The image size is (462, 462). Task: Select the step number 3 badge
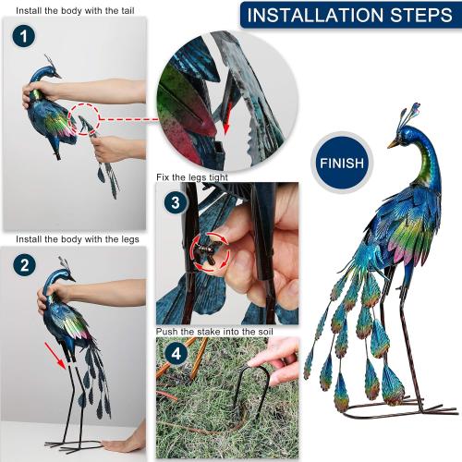(x=174, y=201)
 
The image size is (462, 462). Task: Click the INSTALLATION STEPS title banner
(x=348, y=16)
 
